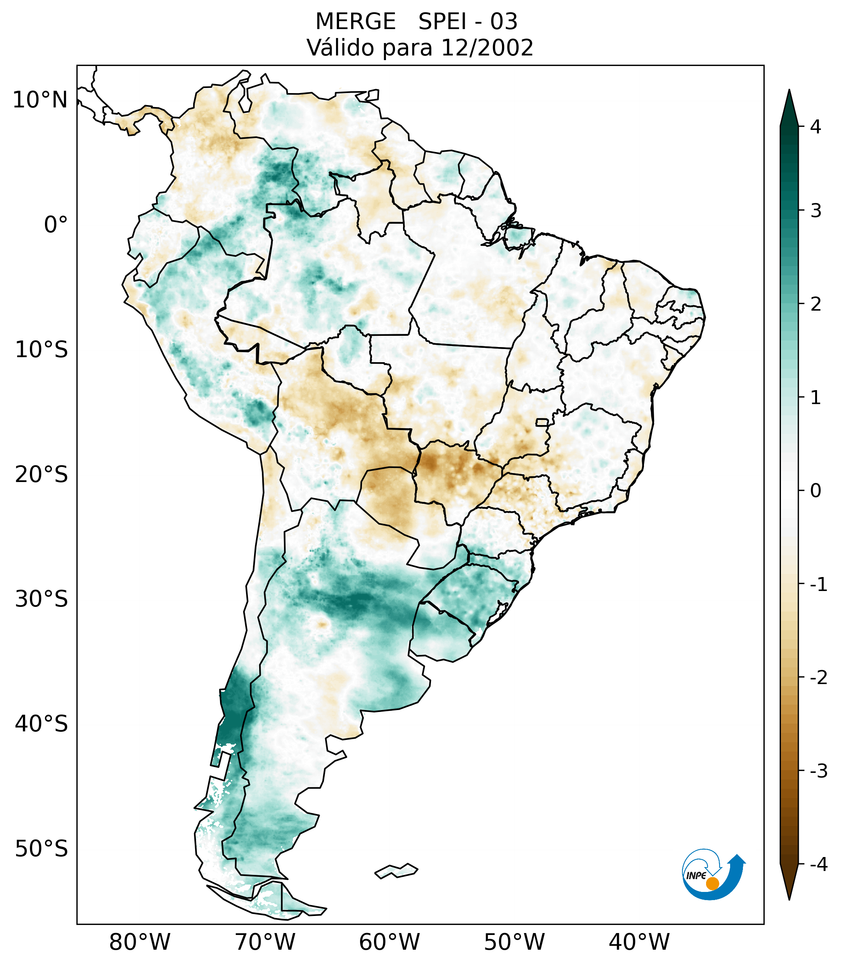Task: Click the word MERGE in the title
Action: coord(355,22)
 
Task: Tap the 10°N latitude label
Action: coord(40,100)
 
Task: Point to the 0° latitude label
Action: coord(56,225)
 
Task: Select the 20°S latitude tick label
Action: coord(42,475)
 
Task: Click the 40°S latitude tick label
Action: coord(42,724)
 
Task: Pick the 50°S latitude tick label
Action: coord(42,849)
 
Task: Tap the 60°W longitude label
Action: coord(389,942)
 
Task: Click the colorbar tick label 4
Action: coord(815,127)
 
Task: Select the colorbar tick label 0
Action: coord(815,491)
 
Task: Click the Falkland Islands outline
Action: coord(396,871)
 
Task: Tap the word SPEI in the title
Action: coord(441,22)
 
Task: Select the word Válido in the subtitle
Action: coord(340,48)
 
